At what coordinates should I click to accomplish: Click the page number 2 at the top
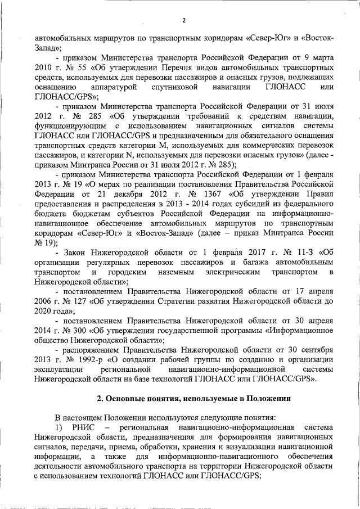click(x=184, y=21)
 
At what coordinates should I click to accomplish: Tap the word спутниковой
click(x=171, y=87)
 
